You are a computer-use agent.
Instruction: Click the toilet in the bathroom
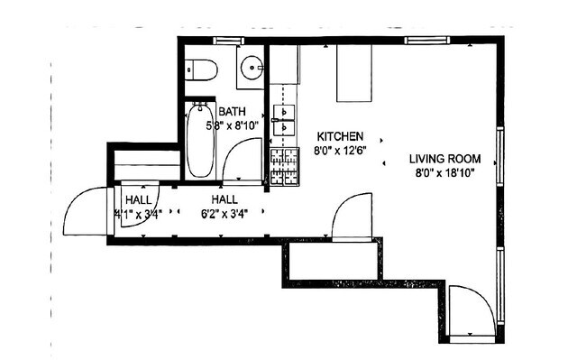[x=199, y=68]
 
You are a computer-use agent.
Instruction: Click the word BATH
[x=232, y=113]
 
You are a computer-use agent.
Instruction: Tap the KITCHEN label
[x=338, y=134]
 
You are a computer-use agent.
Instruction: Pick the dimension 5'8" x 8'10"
[x=231, y=126]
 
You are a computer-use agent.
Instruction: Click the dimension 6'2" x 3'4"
[x=224, y=214]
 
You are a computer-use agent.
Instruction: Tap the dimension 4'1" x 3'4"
[x=137, y=214]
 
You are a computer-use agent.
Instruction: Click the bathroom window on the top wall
[x=227, y=41]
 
